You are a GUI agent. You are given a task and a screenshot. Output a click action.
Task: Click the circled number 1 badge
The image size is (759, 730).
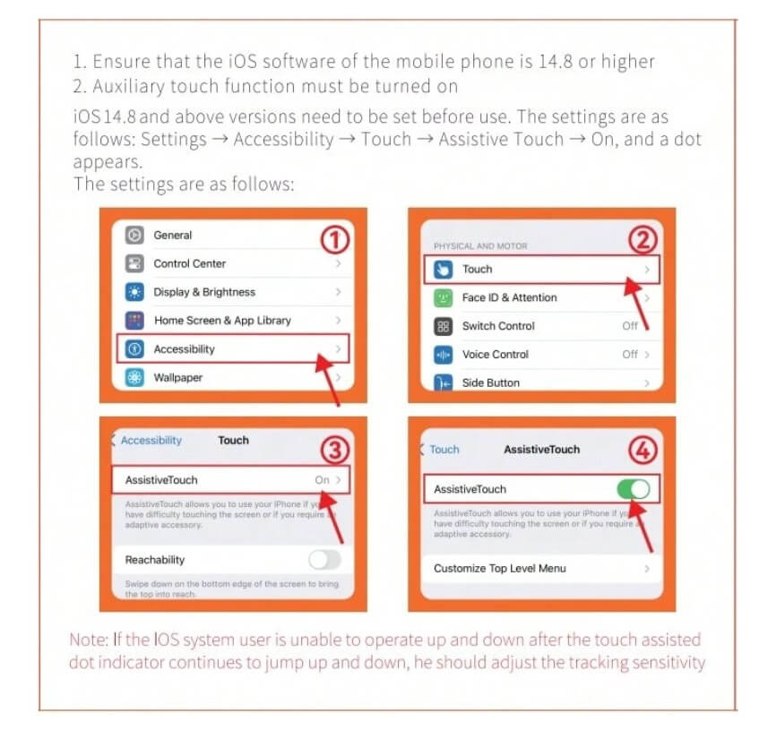pos(334,239)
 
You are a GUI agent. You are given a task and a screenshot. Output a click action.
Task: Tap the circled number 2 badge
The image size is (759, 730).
pos(643,240)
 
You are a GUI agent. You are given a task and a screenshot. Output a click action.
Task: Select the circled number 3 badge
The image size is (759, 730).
pos(334,450)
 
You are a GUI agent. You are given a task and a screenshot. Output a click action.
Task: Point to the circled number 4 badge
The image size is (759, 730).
pos(643,450)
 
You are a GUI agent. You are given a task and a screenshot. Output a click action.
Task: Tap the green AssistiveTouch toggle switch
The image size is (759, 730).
pos(634,489)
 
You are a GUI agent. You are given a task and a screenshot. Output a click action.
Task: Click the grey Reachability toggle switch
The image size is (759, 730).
pos(324,560)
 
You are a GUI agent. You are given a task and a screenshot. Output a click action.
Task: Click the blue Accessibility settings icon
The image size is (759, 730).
pos(134,348)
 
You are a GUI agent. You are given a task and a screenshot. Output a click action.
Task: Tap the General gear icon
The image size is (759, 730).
pos(134,235)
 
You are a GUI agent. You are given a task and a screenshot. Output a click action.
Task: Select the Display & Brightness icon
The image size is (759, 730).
pos(134,292)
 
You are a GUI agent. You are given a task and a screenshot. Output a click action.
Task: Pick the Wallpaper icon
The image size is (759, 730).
pos(134,377)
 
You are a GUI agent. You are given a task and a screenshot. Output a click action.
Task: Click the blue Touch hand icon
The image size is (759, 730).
pos(443,270)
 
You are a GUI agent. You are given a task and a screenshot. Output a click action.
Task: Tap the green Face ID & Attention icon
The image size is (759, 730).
pos(443,297)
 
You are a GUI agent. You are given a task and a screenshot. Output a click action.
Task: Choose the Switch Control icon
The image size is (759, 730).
pos(443,326)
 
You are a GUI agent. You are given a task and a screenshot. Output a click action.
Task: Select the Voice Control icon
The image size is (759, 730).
pos(443,355)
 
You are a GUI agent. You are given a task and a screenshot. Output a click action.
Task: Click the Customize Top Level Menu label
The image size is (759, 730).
pos(499,569)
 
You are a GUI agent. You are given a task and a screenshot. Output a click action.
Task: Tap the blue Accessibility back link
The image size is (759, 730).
pos(151,440)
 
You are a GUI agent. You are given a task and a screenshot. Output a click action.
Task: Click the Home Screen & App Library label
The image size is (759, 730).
pos(222,321)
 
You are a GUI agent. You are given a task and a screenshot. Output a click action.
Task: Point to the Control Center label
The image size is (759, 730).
pos(190,263)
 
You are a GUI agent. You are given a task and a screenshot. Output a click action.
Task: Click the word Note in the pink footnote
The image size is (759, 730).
pos(88,640)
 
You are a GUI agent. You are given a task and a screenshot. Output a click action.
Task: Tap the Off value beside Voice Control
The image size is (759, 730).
pos(630,355)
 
